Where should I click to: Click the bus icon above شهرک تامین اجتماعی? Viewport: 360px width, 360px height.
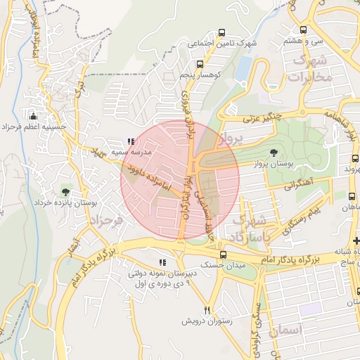[222, 32]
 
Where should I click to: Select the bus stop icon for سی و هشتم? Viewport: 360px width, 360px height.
[303, 30]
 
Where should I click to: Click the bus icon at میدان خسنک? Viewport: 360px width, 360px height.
[222, 256]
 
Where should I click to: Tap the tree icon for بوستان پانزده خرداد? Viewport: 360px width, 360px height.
[65, 191]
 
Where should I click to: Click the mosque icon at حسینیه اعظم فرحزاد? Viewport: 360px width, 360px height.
[32, 116]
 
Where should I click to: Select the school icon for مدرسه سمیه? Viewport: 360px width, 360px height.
[131, 142]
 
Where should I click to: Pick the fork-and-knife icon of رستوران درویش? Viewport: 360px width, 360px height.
[207, 309]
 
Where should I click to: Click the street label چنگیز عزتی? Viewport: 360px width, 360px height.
[262, 116]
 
